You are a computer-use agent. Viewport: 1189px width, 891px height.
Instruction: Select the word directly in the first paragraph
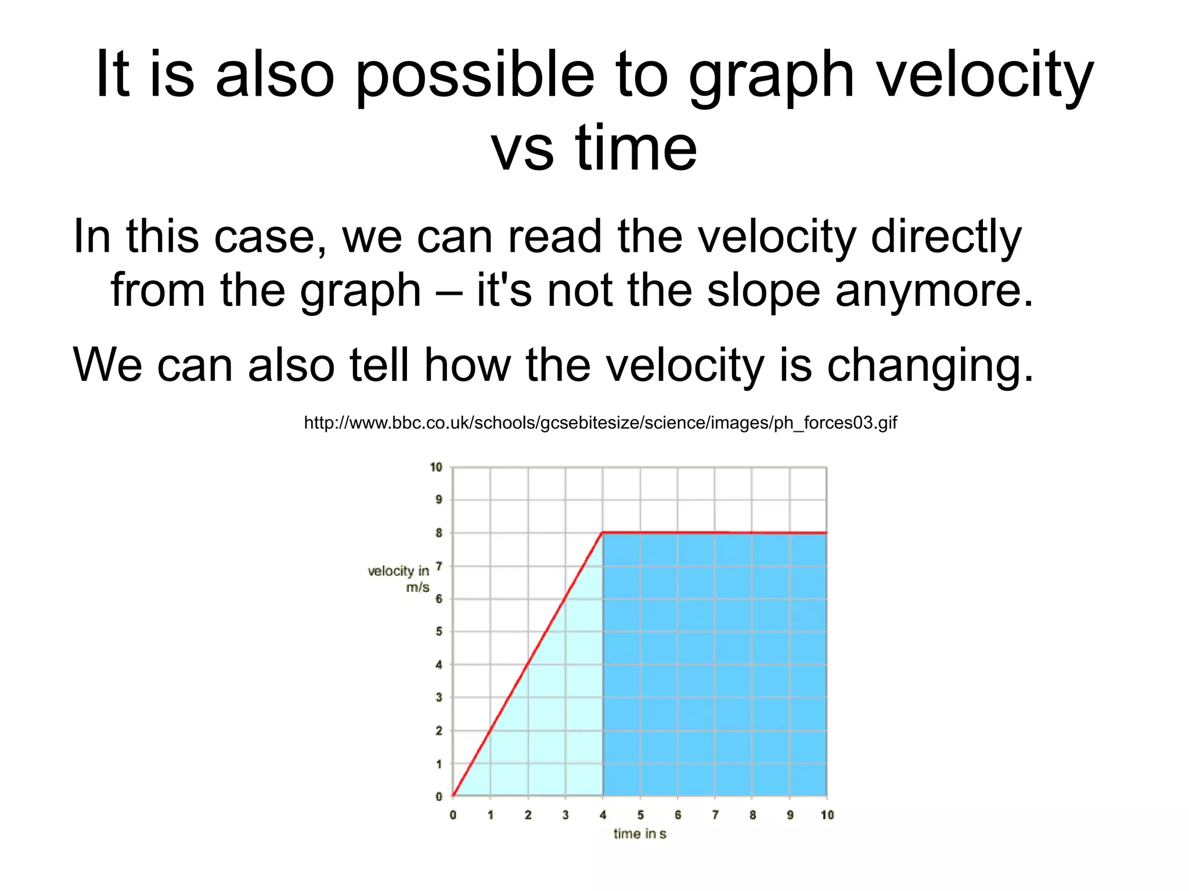pyautogui.click(x=946, y=237)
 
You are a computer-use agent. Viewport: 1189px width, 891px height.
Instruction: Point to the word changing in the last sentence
pyautogui.click(x=930, y=366)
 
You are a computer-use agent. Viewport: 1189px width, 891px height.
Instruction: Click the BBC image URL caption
pyautogui.click(x=600, y=423)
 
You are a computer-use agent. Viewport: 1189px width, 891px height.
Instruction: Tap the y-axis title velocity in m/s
pyautogui.click(x=399, y=579)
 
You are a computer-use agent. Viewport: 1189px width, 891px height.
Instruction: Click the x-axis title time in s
pyautogui.click(x=640, y=834)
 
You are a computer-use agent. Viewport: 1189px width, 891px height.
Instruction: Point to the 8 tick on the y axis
pyautogui.click(x=439, y=533)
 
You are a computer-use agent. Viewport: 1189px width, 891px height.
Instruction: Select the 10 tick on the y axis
pyautogui.click(x=436, y=467)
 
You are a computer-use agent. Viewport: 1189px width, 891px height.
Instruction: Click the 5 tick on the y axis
pyautogui.click(x=439, y=632)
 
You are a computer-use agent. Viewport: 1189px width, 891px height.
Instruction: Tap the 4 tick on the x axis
pyautogui.click(x=603, y=815)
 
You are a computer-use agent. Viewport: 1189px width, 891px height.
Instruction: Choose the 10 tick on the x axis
pyautogui.click(x=827, y=815)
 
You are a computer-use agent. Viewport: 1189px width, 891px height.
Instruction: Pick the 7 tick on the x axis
pyautogui.click(x=715, y=815)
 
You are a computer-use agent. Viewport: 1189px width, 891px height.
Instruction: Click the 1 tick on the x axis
pyautogui.click(x=491, y=815)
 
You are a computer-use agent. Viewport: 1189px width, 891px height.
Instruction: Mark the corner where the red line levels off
pyautogui.click(x=603, y=532)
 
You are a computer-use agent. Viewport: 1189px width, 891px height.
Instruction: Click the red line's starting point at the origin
pyautogui.click(x=453, y=795)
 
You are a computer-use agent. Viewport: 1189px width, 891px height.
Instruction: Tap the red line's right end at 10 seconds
pyautogui.click(x=826, y=533)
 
